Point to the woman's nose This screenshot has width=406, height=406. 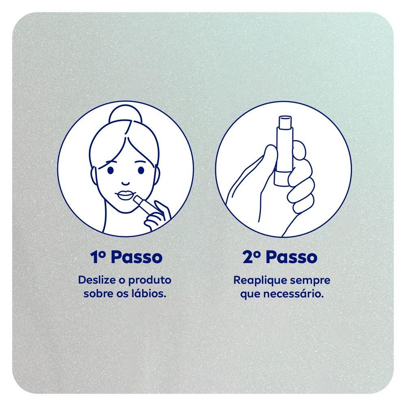[125, 183]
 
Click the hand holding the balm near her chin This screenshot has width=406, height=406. [157, 215]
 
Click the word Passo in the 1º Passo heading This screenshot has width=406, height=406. [137, 257]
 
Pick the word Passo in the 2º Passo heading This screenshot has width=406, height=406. [291, 257]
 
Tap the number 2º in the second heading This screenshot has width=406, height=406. [252, 257]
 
